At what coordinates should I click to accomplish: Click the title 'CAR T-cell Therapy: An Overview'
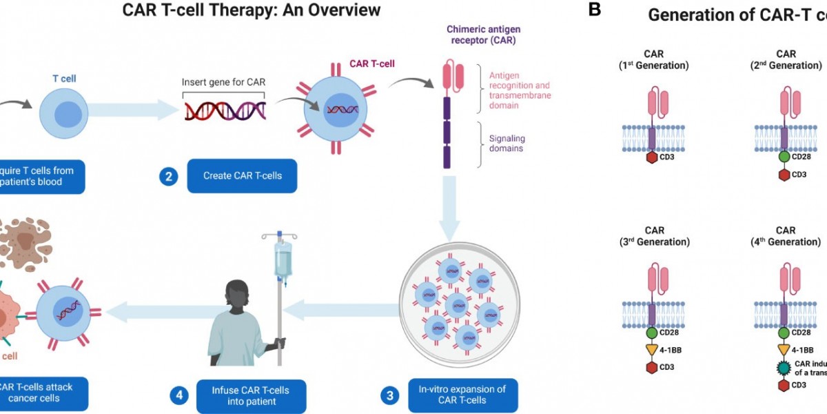(x=251, y=10)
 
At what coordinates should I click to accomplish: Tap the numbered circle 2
(x=167, y=176)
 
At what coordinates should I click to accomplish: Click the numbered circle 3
(x=390, y=395)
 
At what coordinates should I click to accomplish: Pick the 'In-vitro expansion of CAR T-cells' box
(x=462, y=395)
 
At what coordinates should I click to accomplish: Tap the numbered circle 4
(x=178, y=395)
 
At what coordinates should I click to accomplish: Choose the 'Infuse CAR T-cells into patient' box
(x=251, y=395)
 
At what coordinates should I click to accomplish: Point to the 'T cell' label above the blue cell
(x=65, y=79)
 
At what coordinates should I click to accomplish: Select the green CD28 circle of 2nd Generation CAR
(x=785, y=157)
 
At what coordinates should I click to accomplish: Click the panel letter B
(x=595, y=10)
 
